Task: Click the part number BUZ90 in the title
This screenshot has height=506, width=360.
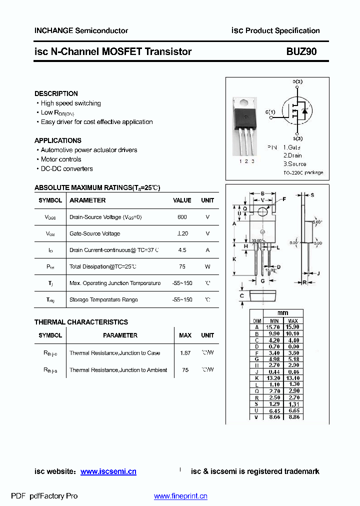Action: [x=301, y=51]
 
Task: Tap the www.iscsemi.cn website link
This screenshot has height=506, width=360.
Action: [x=108, y=471]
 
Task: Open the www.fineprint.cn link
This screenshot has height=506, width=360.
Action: [x=180, y=496]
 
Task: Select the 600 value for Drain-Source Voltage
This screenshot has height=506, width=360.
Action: [x=182, y=217]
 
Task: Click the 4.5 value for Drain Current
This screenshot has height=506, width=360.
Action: [x=182, y=250]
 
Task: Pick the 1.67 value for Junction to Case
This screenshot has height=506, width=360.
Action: [x=185, y=353]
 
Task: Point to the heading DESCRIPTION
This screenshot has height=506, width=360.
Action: [x=56, y=93]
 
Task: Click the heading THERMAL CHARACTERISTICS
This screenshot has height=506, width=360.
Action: [x=81, y=322]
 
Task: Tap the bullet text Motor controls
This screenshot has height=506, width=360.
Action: [x=61, y=159]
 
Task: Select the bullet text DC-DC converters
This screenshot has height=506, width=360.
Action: [x=66, y=169]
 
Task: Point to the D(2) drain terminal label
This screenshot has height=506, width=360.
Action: [x=297, y=81]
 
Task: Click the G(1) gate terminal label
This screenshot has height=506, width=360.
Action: [x=270, y=112]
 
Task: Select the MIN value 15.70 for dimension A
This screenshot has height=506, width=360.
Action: [x=274, y=327]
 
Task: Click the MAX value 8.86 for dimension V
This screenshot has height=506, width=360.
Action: [x=293, y=416]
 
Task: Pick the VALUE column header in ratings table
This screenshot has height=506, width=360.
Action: [x=182, y=200]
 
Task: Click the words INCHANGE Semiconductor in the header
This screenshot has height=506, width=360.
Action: [x=81, y=30]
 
